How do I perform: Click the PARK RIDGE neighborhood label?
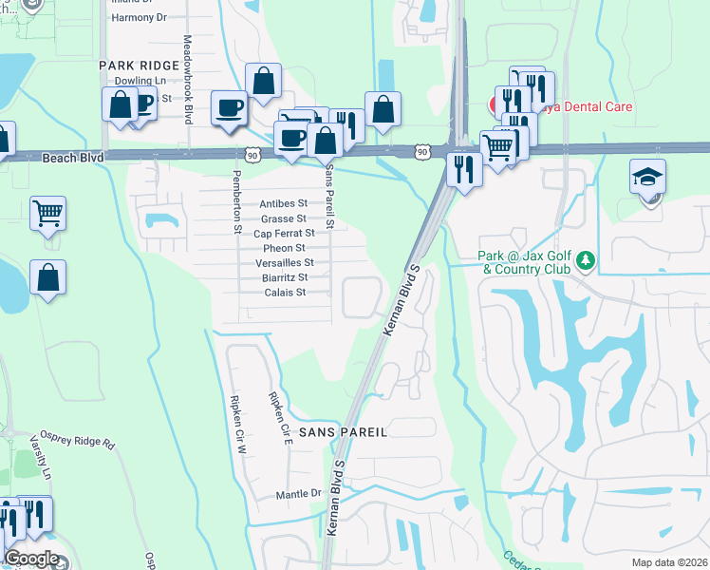139,65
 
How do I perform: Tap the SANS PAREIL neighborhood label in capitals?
344,431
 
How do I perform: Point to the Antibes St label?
284,204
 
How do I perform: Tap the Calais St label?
286,293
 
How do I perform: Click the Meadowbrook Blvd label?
188,80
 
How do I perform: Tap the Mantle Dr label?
298,494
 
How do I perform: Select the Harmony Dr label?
139,17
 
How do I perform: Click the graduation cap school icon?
647,178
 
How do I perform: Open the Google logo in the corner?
31,559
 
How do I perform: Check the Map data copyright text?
668,562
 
